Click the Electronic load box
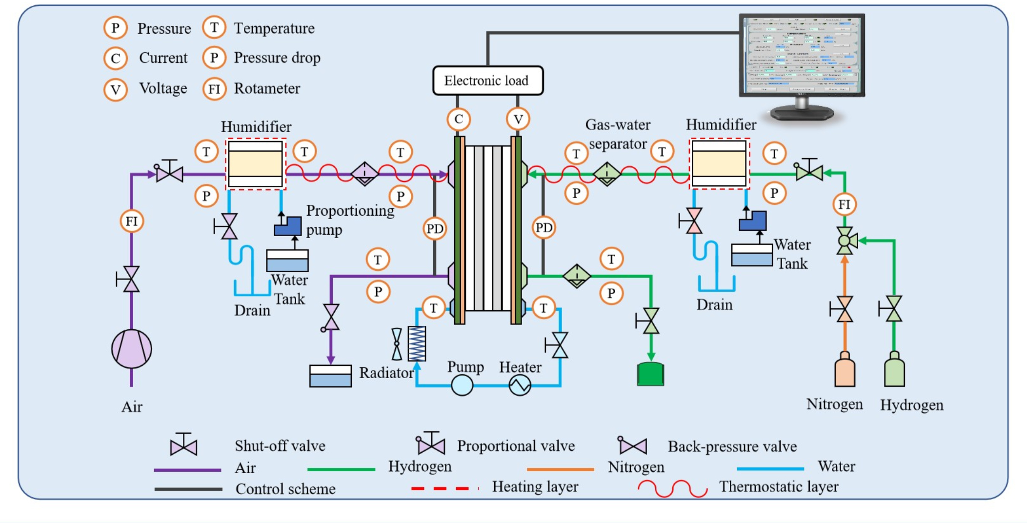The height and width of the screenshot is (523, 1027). [x=487, y=80]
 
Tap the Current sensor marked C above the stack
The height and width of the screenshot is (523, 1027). [x=459, y=119]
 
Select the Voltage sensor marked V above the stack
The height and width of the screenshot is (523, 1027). [x=518, y=119]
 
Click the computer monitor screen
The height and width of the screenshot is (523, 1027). [x=802, y=55]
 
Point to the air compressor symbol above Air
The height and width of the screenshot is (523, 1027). [x=131, y=349]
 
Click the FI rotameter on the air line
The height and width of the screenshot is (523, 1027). [x=131, y=221]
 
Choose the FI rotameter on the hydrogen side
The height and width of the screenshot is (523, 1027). [x=844, y=204]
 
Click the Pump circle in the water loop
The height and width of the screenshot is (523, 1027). [x=462, y=385]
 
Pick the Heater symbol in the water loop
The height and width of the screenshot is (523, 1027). [x=520, y=385]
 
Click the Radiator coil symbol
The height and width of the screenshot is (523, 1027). [x=417, y=343]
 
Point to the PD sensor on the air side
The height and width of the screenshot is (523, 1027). [x=434, y=229]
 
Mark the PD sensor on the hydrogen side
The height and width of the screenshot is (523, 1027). [x=544, y=227]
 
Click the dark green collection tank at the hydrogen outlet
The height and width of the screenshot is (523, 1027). [x=650, y=374]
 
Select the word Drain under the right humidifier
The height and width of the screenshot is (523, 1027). [x=714, y=305]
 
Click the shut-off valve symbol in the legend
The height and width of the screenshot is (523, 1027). [x=183, y=445]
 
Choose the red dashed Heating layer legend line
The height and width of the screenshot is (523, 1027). [x=444, y=488]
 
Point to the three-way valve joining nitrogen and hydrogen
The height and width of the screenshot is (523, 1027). [x=845, y=241]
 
